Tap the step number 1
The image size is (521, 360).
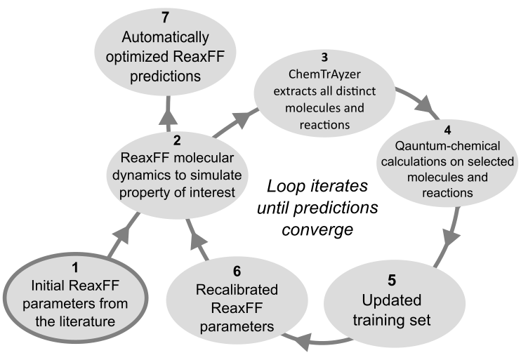pos(76,267)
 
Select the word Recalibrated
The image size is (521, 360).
pos(236,289)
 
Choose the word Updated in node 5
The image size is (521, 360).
pos(392,301)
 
